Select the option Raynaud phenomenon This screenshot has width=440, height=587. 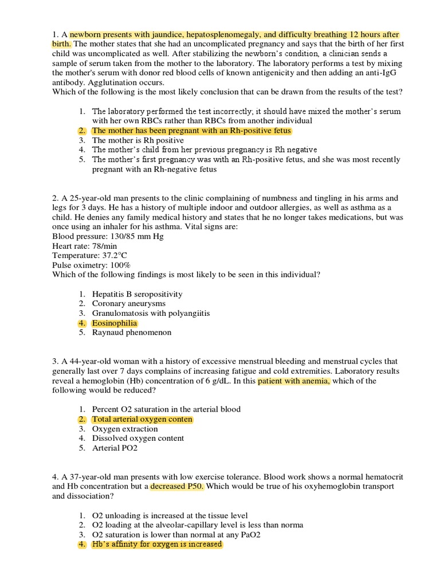(132, 332)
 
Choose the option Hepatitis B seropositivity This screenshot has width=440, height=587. (137, 293)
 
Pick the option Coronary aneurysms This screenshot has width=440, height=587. (128, 303)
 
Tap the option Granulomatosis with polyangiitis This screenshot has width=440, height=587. (151, 313)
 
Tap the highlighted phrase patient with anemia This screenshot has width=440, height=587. (294, 381)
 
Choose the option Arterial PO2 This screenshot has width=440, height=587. (115, 448)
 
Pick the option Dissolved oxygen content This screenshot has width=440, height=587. (138, 438)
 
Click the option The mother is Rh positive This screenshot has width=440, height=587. (138, 140)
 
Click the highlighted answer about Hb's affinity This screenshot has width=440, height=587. (156, 544)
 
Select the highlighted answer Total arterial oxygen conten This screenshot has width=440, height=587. (142, 419)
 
